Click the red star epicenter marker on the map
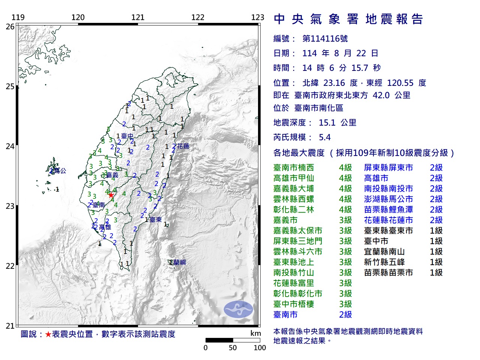coord(111,195)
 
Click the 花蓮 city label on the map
coord(183,146)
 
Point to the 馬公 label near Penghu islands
coord(60,171)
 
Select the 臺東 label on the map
coord(156,219)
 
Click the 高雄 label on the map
coord(105,227)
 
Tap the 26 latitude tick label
coord(10,27)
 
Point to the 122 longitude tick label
coord(198,17)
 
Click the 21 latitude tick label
coord(10,326)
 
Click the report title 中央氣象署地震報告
coord(349,19)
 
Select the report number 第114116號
coord(325,39)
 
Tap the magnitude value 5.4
coord(325,137)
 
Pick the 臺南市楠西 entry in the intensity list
coord(294,168)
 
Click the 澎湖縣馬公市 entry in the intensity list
coord(388,199)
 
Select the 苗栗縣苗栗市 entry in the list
coord(388,273)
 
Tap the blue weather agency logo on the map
coord(238,309)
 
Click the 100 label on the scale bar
coord(259,348)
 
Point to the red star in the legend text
coord(48,334)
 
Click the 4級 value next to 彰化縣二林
coord(345,210)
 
